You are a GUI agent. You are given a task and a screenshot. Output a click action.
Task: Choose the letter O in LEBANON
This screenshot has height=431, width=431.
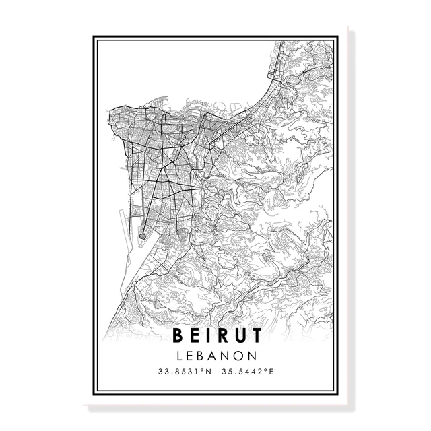tap(240, 354)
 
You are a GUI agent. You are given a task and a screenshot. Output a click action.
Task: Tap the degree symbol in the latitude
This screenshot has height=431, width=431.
tap(201, 369)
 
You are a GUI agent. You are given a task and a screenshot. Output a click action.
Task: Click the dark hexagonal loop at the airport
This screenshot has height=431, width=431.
tap(142, 235)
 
